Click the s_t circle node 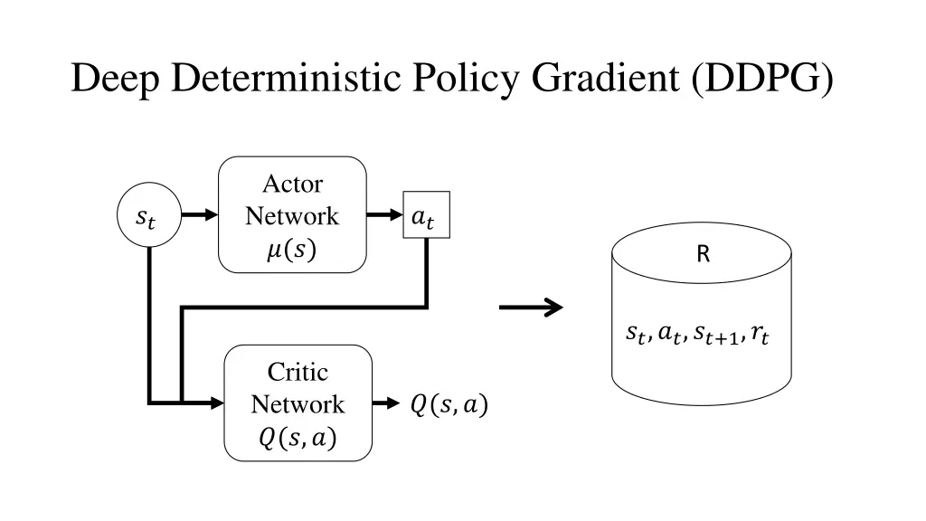pos(147,216)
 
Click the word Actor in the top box pos(292,185)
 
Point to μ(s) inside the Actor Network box pos(292,250)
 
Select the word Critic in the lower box pos(298,373)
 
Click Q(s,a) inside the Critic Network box pos(298,439)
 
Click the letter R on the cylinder pos(703,255)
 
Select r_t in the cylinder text pos(760,336)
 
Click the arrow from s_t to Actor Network pos(199,215)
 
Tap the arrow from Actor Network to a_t pos(383,215)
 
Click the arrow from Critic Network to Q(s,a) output pos(385,403)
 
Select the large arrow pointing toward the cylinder pos(531,308)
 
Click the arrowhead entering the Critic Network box pos(216,403)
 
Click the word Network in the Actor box pos(292,216)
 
